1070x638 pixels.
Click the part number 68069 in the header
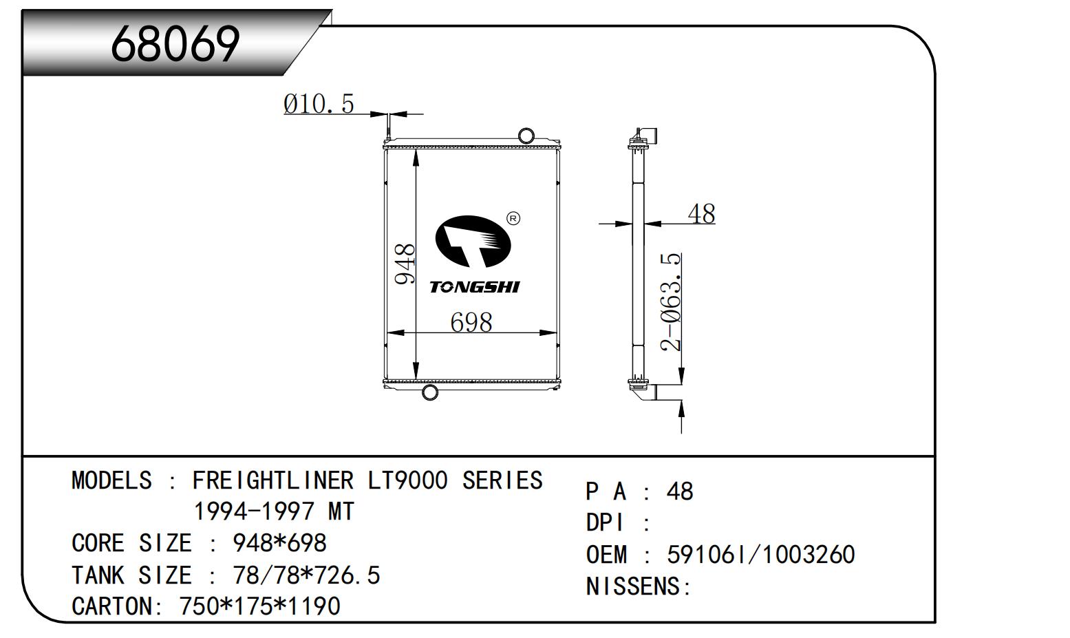click(175, 44)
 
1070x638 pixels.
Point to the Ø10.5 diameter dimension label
click(319, 104)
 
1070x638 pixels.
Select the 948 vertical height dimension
click(405, 264)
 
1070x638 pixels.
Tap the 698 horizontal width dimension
click(471, 322)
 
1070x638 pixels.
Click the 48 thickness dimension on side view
click(701, 213)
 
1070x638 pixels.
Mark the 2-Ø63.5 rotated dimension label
click(671, 302)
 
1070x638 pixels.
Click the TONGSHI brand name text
click(474, 287)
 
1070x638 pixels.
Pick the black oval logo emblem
click(473, 242)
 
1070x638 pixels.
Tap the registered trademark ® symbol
click(513, 219)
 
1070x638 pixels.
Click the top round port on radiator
click(526, 135)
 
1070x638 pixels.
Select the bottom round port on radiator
click(429, 393)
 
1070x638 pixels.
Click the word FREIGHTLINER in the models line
click(272, 480)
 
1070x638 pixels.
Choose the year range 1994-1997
click(254, 512)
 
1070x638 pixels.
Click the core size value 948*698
click(279, 544)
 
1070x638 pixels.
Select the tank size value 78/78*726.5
click(307, 575)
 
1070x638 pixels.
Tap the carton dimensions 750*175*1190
click(259, 606)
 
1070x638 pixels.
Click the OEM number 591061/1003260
click(760, 555)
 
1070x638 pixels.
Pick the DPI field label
click(605, 523)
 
